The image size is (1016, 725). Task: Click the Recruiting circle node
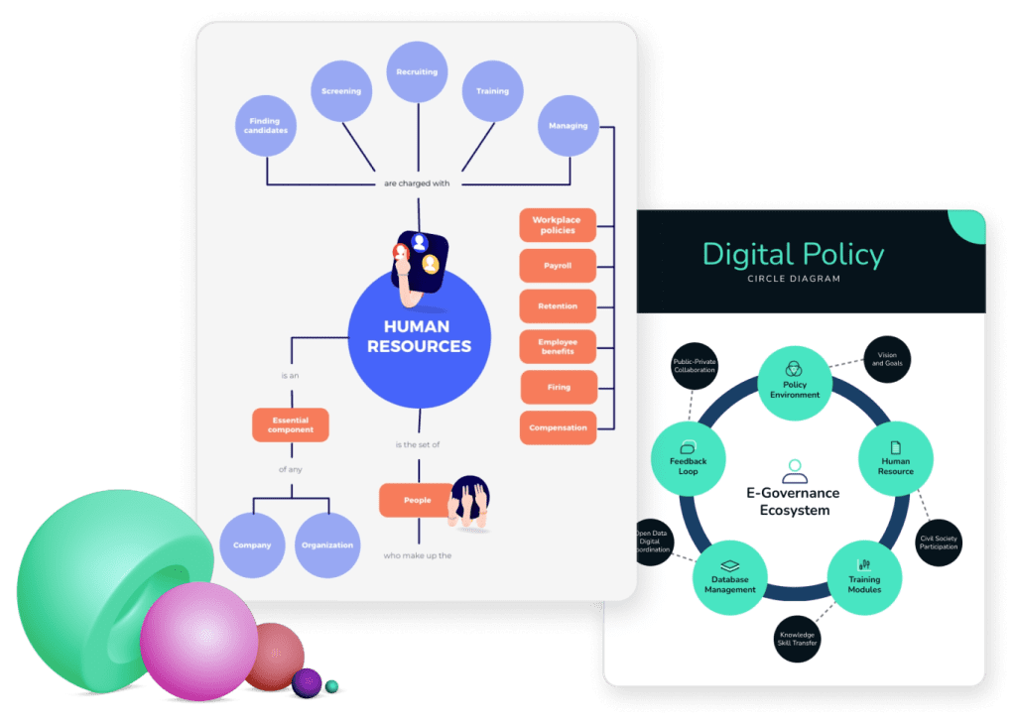tap(418, 72)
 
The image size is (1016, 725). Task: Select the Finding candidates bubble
tap(267, 125)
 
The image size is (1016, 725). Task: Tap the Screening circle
tap(341, 91)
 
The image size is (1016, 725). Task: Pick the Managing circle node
tap(569, 126)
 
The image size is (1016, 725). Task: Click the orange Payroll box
tap(558, 266)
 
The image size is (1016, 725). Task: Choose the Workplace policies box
tap(557, 225)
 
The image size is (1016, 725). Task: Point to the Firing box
tap(559, 387)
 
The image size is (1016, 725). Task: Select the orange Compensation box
tap(558, 427)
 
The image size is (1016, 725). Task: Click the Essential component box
tap(291, 424)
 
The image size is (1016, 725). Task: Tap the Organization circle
tap(327, 544)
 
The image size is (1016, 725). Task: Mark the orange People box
tap(418, 500)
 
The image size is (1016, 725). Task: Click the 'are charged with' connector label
tap(418, 183)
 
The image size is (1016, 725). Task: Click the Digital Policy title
tap(792, 255)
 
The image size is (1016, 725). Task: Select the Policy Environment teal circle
tap(795, 382)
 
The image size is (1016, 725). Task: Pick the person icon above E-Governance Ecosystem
tap(793, 469)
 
